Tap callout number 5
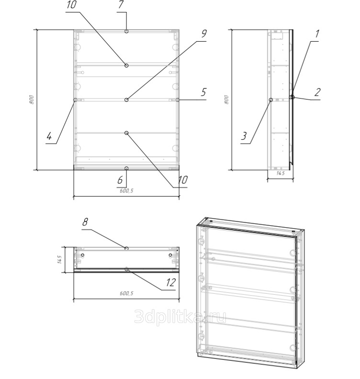tap(203, 91)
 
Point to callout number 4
tap(49, 136)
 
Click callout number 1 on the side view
tap(316, 34)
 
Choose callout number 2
tap(317, 92)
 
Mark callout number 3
tap(244, 136)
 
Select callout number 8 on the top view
tap(85, 223)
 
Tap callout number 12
tap(170, 283)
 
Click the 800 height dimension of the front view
tap(32, 100)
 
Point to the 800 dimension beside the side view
tap(227, 100)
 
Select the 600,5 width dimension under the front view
tap(126, 190)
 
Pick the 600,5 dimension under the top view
tap(126, 294)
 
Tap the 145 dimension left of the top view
tap(59, 260)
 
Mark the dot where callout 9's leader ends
tap(126, 100)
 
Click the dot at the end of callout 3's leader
tap(271, 100)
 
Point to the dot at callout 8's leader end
tap(126, 248)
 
